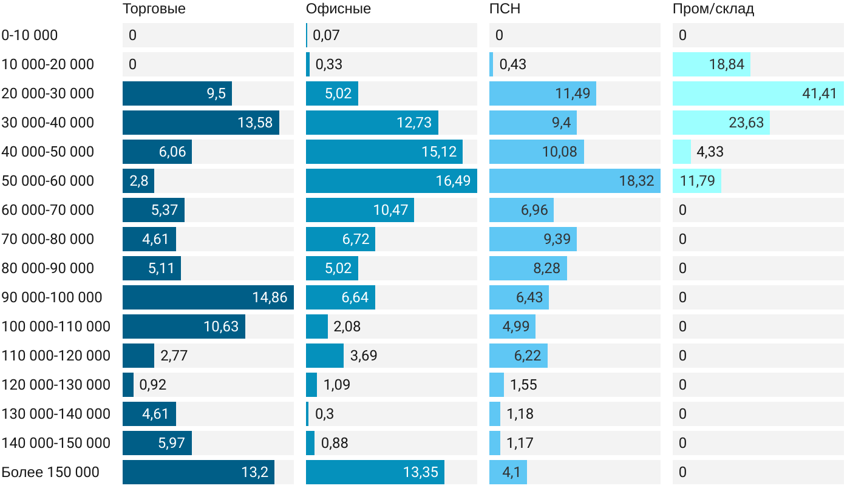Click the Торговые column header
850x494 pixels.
[x=154, y=8]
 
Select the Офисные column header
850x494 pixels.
[x=338, y=8]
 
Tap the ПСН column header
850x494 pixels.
[x=505, y=8]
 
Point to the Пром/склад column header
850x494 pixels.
[x=713, y=8]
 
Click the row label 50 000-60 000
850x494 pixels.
[x=48, y=181]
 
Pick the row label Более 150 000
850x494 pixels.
[x=50, y=472]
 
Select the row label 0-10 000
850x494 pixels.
[x=30, y=35]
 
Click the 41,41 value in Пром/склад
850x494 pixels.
[x=819, y=93]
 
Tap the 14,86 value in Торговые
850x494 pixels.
[x=270, y=297]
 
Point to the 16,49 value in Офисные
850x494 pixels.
[x=453, y=181]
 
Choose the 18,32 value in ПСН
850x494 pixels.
[x=636, y=181]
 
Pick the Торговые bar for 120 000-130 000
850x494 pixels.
[x=128, y=385]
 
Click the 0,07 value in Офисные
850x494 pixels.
[x=326, y=35]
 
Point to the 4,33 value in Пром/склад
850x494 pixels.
[x=710, y=152]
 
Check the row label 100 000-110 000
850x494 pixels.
[x=56, y=327]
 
